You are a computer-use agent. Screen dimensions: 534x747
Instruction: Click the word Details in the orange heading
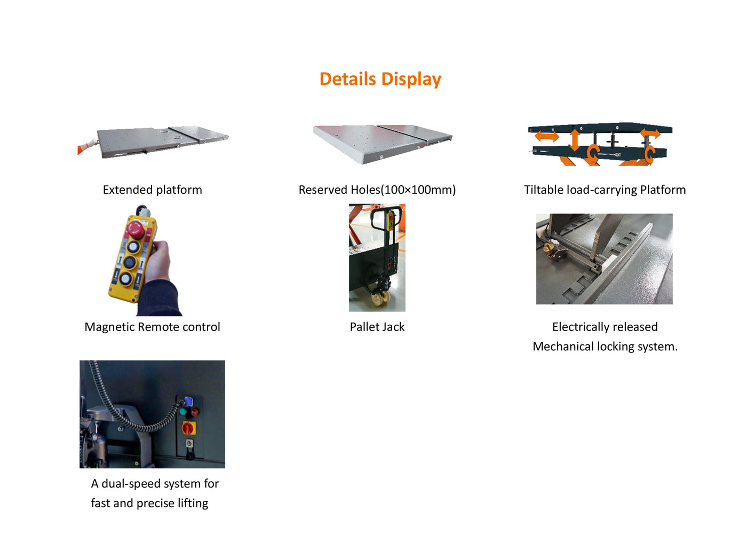click(347, 79)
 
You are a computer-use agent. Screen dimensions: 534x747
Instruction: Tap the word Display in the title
click(411, 79)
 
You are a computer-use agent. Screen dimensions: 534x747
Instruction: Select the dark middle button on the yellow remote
click(129, 263)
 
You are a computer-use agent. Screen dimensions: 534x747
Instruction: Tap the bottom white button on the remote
click(125, 279)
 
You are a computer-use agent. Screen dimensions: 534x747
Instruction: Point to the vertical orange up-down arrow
click(574, 140)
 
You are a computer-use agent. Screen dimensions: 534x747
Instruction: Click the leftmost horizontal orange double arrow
click(546, 136)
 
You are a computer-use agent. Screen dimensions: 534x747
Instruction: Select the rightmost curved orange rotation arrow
click(649, 154)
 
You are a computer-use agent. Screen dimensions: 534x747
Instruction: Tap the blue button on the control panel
click(187, 401)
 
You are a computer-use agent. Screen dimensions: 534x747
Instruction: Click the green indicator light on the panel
click(184, 412)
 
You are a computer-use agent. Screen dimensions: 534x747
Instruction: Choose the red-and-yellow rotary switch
click(189, 428)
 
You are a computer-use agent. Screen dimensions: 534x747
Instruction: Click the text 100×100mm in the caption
click(418, 190)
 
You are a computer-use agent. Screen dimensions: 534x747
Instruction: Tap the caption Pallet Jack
click(377, 327)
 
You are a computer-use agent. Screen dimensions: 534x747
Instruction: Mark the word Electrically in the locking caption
click(581, 327)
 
